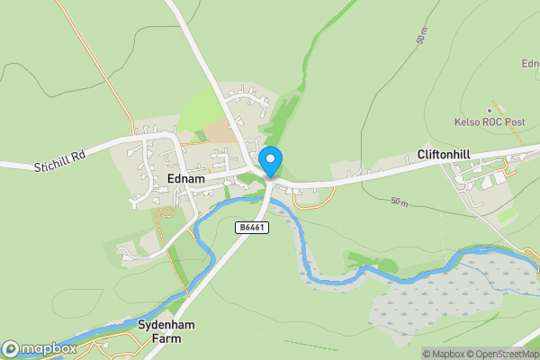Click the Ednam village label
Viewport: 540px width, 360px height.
(186, 179)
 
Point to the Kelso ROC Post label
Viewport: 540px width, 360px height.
(489, 121)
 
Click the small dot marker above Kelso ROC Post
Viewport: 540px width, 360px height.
(490, 111)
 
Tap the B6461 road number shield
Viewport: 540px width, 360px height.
(253, 228)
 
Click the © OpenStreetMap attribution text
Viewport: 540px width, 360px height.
(500, 353)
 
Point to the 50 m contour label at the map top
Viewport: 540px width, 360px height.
(421, 35)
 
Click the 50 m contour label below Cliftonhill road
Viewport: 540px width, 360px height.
(400, 203)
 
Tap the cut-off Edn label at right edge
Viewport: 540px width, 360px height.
(530, 63)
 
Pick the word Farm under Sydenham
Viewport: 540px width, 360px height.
(166, 338)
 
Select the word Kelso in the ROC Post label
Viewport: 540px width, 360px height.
(468, 121)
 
